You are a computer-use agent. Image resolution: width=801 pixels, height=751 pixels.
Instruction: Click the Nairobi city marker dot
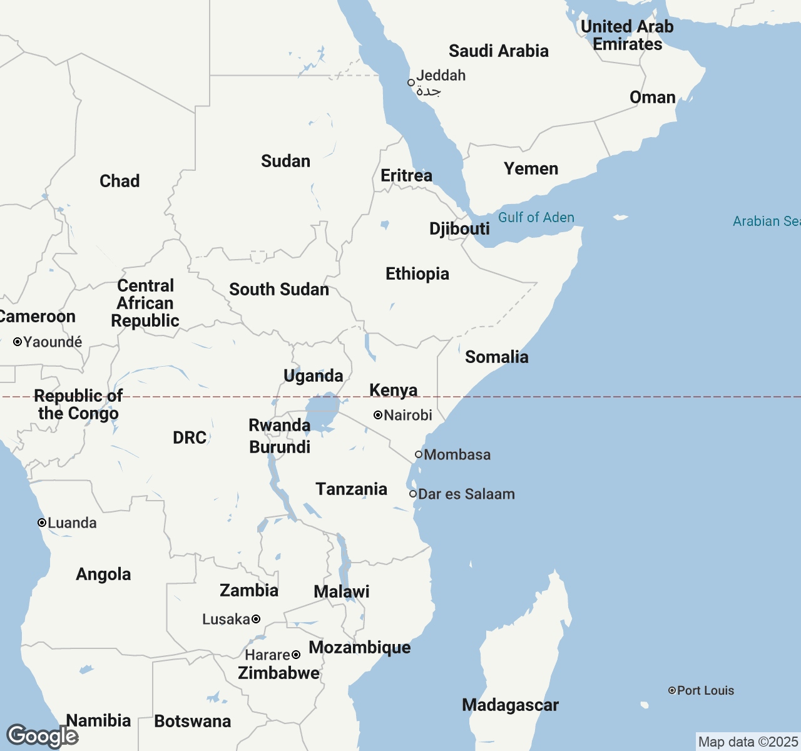tap(378, 415)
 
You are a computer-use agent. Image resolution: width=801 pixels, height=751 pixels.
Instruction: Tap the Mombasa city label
tap(457, 455)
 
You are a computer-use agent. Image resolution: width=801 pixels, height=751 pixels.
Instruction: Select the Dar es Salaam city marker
tap(413, 494)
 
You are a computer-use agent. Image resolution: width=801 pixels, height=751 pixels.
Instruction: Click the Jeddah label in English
tap(441, 76)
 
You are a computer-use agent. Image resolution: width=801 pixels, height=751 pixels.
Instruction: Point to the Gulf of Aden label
tap(536, 218)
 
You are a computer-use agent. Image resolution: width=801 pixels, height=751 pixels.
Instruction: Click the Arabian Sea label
tap(766, 222)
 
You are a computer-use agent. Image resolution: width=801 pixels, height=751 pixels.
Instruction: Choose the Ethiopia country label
tap(417, 274)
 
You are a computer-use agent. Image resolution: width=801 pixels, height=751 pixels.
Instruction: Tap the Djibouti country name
tap(459, 229)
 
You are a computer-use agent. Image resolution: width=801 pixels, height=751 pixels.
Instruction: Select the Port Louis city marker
tap(672, 690)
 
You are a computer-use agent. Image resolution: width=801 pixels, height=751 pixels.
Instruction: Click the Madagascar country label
tap(510, 705)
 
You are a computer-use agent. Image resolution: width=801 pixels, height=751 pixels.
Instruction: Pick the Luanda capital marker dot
tap(42, 523)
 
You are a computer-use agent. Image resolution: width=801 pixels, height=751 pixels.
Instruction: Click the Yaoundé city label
tap(53, 342)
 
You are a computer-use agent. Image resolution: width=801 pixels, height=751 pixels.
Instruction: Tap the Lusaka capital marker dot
tap(256, 619)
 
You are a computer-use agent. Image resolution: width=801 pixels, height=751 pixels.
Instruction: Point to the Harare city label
tap(267, 655)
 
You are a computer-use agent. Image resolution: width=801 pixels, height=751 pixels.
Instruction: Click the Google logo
tap(42, 736)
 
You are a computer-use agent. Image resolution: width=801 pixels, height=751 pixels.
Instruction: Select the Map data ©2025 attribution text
tap(748, 742)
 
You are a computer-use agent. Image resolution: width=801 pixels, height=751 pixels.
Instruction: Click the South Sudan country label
tap(279, 290)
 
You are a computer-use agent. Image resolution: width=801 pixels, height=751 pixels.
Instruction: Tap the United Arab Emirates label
tap(627, 36)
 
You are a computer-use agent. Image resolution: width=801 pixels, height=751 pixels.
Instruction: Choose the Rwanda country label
tap(279, 426)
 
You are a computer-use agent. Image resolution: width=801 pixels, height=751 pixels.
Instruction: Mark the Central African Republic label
tap(145, 304)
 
